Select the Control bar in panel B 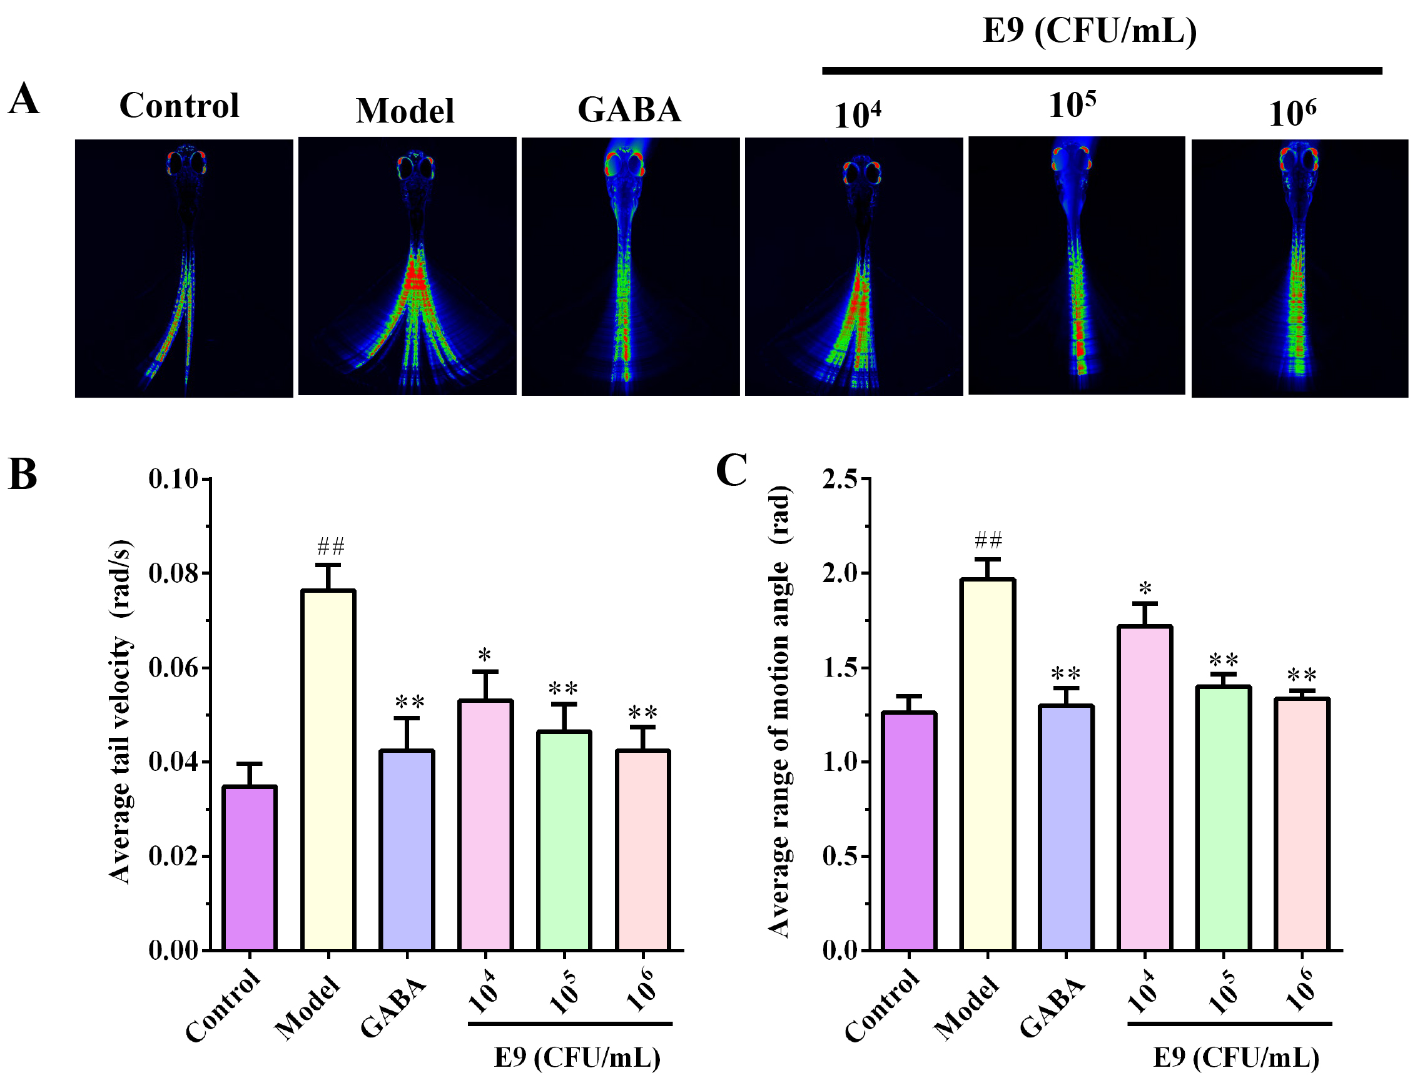click(x=250, y=868)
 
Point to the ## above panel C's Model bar click(x=988, y=540)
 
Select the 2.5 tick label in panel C click(x=839, y=480)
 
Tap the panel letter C click(x=731, y=471)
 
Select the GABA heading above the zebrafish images click(x=629, y=109)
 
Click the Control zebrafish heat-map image click(x=184, y=268)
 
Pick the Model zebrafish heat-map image click(x=407, y=266)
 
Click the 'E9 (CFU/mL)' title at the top click(x=1090, y=31)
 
